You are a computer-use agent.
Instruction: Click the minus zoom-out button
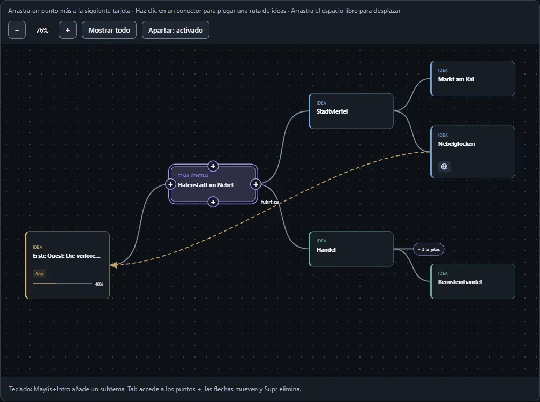17,30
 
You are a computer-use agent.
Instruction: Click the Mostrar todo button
109,30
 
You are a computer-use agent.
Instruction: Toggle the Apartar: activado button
176,30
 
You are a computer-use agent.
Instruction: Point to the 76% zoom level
42,31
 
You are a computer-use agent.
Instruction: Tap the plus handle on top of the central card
213,166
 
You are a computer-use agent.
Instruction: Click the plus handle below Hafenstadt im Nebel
213,202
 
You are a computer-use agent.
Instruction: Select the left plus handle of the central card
170,184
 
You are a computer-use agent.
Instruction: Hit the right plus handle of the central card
256,184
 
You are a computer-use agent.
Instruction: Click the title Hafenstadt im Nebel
206,185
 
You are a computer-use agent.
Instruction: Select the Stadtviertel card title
332,111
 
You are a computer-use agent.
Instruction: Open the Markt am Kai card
472,79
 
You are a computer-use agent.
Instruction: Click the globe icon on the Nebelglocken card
444,167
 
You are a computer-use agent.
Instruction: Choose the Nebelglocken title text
456,144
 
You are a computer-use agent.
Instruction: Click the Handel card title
326,250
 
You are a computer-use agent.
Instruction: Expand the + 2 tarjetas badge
429,249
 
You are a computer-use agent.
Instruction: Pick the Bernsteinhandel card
472,281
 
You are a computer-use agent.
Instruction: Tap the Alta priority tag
39,273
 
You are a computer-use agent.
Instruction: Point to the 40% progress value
99,284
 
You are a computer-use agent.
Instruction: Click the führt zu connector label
269,202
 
